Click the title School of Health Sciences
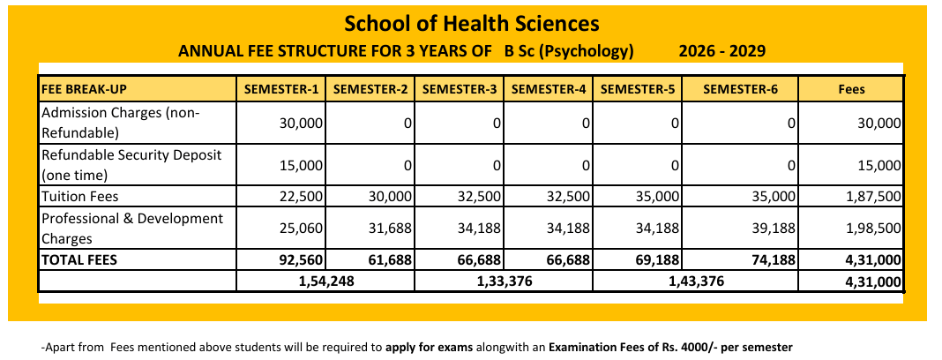click(x=471, y=24)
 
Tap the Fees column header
click(x=851, y=89)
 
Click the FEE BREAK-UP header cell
click(x=84, y=89)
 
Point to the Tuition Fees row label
click(x=80, y=197)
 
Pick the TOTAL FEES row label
click(x=78, y=260)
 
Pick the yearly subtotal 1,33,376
click(x=504, y=281)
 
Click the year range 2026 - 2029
click(x=721, y=51)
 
